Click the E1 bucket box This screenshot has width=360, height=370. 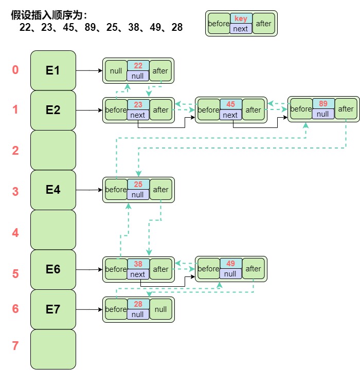(53, 70)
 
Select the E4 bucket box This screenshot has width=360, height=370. (53, 190)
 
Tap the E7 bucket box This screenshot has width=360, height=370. (53, 309)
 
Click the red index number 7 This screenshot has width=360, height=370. (15, 346)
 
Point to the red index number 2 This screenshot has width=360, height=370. (15, 151)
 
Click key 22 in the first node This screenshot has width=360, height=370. (138, 66)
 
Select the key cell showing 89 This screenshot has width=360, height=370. (322, 104)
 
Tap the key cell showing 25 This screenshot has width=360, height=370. (138, 184)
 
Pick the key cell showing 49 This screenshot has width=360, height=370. (230, 264)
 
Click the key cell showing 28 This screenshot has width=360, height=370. (138, 304)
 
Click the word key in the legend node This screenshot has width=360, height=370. (241, 18)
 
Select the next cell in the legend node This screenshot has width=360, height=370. (241, 29)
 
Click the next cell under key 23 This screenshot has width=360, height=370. (138, 115)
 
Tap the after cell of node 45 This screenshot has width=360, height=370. (253, 109)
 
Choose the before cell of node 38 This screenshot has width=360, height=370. (116, 269)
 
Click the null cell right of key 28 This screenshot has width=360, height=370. (160, 309)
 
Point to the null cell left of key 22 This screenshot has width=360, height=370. (116, 71)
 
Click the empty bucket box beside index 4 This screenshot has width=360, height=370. (53, 230)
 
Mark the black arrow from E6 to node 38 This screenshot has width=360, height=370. (89, 269)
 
